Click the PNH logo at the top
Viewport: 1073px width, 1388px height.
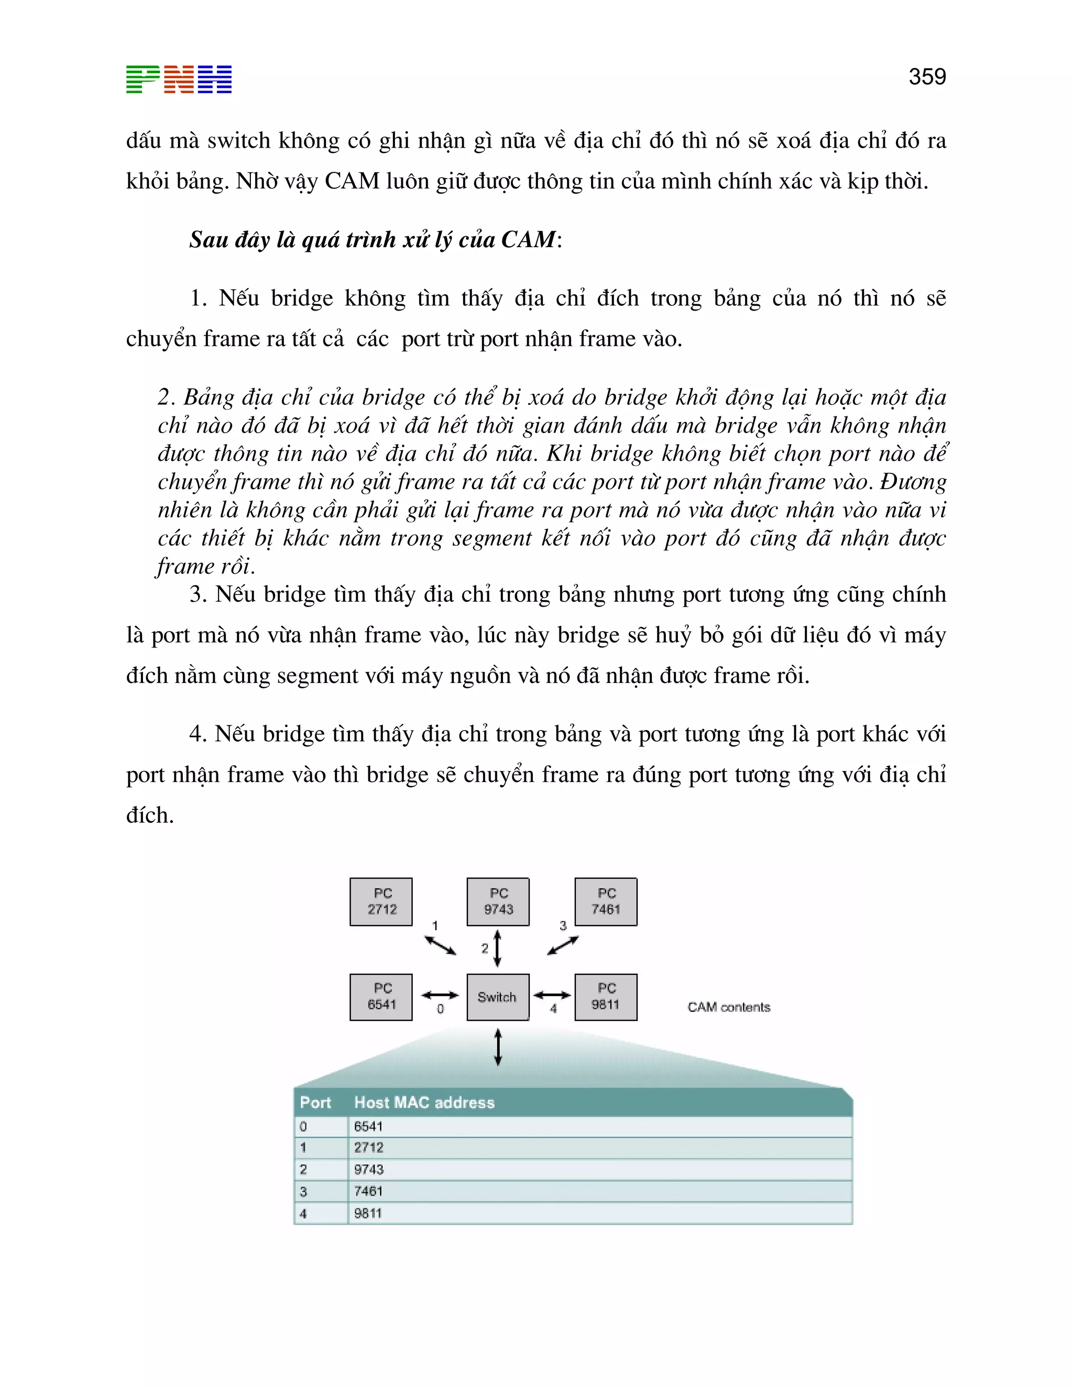[179, 80]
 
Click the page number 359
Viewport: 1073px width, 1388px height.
[927, 77]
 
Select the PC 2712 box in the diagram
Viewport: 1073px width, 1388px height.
[381, 902]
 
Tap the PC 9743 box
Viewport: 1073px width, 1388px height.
[498, 902]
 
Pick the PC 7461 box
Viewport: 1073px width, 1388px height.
[606, 902]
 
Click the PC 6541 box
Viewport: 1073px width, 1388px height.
[381, 997]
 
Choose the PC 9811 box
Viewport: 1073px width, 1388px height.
[606, 997]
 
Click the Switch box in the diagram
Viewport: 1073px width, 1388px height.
[498, 997]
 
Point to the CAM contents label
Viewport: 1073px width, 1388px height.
[728, 1007]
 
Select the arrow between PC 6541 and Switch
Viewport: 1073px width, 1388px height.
[440, 995]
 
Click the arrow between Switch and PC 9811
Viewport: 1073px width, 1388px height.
[552, 995]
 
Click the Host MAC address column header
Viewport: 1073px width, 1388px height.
[424, 1103]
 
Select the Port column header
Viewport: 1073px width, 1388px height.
[315, 1103]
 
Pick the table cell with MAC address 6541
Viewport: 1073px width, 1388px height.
[369, 1127]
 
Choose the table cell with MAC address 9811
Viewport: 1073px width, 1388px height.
[369, 1213]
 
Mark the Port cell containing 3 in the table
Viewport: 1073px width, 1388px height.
[303, 1192]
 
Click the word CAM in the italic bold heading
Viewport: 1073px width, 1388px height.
[528, 239]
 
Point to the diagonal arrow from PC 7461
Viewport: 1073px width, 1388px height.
[563, 945]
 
